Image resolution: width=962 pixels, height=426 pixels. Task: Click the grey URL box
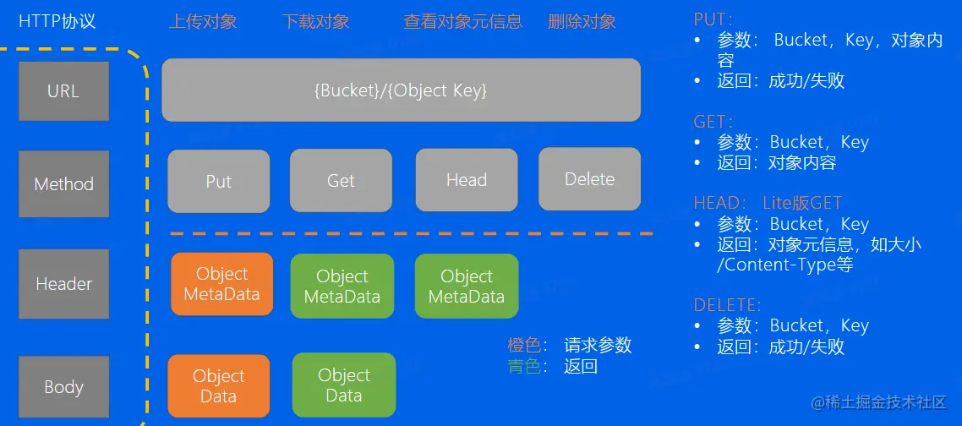click(x=63, y=90)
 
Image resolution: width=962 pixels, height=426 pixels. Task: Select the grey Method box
click(x=63, y=183)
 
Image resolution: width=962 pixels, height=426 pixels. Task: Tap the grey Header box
click(x=63, y=284)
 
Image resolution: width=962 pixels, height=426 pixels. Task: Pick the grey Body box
click(x=63, y=387)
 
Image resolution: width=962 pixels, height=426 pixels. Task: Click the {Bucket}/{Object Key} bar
click(x=401, y=90)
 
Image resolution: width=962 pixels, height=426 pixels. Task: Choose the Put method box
click(x=218, y=181)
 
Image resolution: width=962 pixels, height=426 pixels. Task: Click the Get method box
click(x=341, y=181)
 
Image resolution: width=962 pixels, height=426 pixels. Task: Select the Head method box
click(x=467, y=180)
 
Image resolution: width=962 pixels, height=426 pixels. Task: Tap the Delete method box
click(x=589, y=179)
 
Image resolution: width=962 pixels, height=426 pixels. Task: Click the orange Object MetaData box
click(x=221, y=284)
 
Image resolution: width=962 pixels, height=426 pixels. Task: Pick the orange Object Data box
click(x=218, y=386)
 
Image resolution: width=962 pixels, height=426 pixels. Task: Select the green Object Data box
click(x=343, y=385)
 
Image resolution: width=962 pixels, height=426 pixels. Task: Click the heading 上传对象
click(x=203, y=22)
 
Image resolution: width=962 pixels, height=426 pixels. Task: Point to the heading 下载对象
click(x=315, y=22)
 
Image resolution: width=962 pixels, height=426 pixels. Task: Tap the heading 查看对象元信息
click(x=462, y=22)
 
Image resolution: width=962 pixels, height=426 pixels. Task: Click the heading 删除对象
click(x=582, y=22)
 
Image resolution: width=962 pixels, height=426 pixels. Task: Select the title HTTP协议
click(x=57, y=21)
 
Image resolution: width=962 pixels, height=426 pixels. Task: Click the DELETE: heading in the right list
click(x=727, y=305)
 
